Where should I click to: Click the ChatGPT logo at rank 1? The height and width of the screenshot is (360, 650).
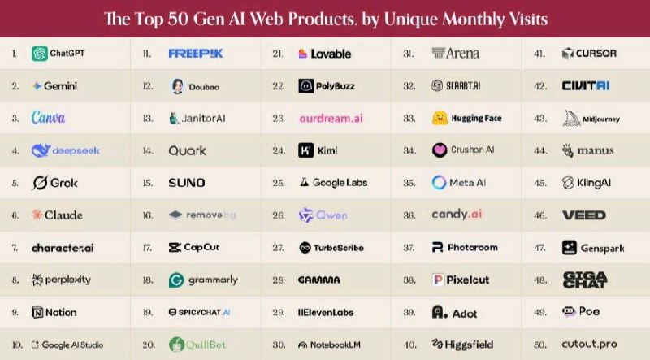(39, 54)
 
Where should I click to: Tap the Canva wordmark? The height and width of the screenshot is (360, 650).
(48, 118)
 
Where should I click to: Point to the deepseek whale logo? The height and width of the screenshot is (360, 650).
(41, 150)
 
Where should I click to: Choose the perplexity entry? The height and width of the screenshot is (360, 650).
(61, 280)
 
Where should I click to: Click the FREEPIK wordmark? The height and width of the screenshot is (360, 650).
(196, 54)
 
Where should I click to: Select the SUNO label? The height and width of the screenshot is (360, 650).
(186, 183)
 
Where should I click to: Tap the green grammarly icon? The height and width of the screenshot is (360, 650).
(175, 280)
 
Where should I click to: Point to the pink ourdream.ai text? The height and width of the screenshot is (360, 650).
(330, 118)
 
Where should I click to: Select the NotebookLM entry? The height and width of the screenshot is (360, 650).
(330, 344)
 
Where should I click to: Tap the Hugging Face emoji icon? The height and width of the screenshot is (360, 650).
(440, 118)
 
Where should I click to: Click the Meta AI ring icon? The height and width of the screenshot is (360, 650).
(440, 183)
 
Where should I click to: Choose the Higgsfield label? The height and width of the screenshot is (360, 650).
(466, 344)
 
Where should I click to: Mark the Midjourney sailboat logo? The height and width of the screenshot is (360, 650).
(569, 119)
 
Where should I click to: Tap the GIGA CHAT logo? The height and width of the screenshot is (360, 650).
(584, 280)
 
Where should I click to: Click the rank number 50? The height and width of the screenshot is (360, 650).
(539, 344)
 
